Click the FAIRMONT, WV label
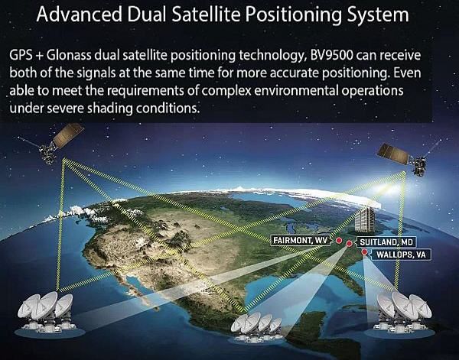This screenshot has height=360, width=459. [x=301, y=241]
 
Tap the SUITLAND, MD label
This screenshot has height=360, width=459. [x=386, y=242]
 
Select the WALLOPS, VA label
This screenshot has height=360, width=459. [x=400, y=255]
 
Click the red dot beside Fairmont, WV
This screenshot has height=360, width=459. [x=339, y=241]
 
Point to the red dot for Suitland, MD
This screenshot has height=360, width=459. [x=350, y=243]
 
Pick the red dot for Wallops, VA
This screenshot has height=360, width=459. [x=364, y=251]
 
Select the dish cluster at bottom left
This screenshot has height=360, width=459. [x=47, y=313]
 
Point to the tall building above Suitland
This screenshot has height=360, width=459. [x=364, y=219]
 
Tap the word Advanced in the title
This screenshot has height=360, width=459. [x=79, y=14]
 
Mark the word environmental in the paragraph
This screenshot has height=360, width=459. [x=295, y=91]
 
